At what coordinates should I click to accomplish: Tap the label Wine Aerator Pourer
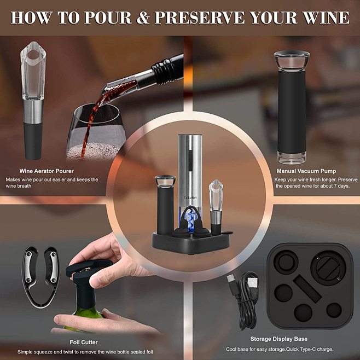(47, 171)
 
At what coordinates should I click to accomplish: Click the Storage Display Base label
(278, 339)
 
